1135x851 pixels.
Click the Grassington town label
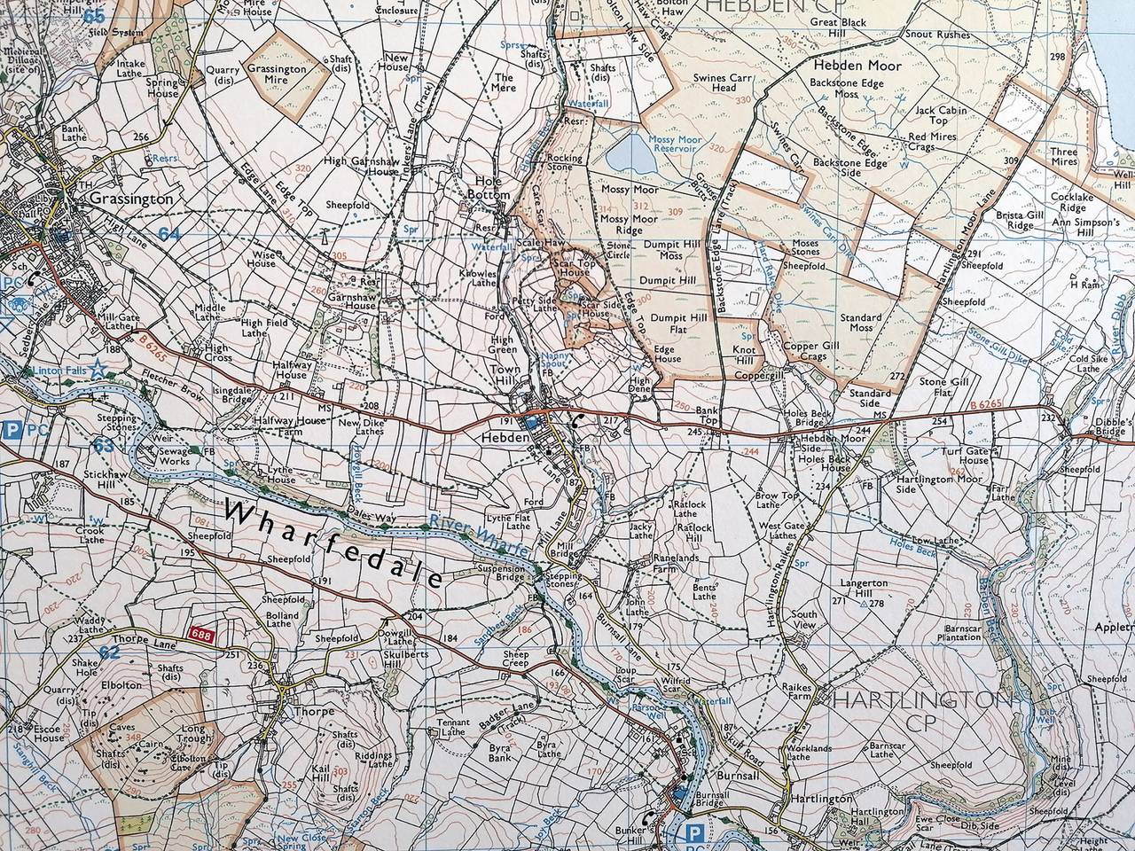point(131,199)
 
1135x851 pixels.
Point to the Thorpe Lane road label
point(138,637)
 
